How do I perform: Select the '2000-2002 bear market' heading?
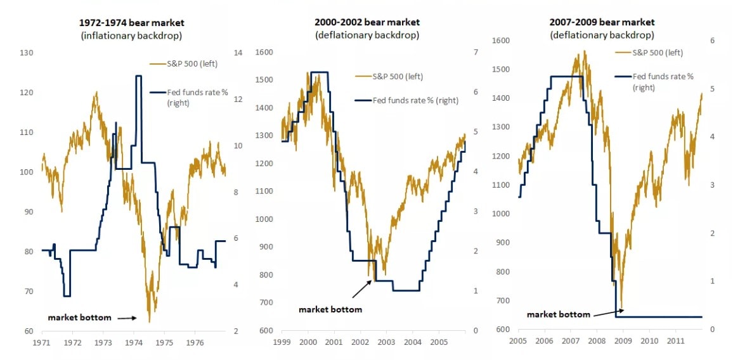coord(366,22)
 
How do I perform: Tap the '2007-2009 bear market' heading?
coord(601,22)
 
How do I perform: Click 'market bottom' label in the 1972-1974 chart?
coord(79,318)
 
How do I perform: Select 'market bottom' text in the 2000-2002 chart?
coord(330,309)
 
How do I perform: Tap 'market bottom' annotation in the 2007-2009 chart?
coord(558,314)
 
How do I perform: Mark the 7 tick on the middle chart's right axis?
coord(475,53)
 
